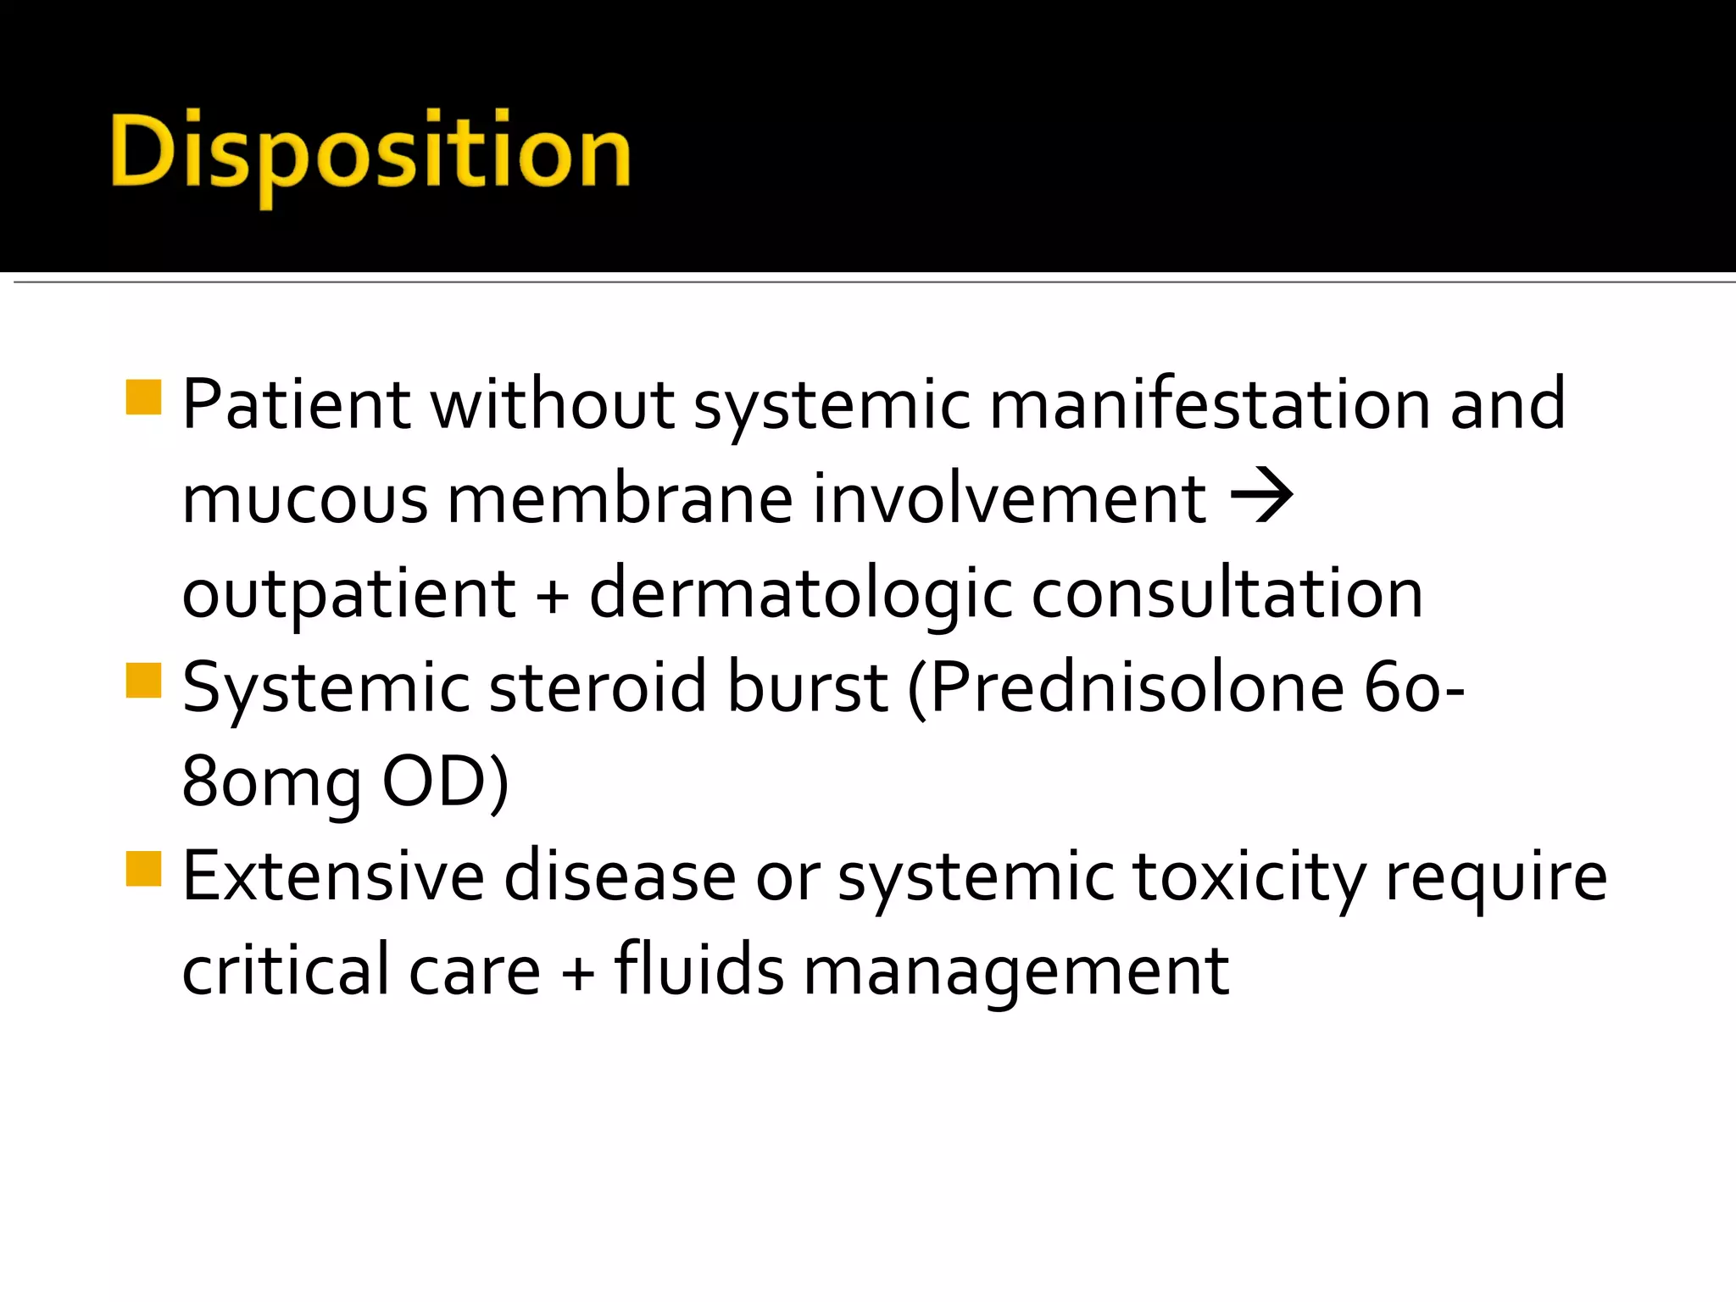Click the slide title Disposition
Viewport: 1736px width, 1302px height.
(x=370, y=153)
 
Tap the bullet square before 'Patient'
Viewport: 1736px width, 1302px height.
(x=143, y=397)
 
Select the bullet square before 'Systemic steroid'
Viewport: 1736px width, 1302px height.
(x=143, y=680)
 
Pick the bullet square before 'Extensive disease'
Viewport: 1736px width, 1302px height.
(x=143, y=869)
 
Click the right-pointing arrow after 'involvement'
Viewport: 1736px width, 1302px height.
(x=1261, y=496)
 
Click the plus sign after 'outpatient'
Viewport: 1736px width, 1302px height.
(x=552, y=595)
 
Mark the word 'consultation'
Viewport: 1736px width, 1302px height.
(x=1227, y=593)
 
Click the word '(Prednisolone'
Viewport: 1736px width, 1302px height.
(x=1126, y=688)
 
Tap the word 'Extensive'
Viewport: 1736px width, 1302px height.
(x=333, y=876)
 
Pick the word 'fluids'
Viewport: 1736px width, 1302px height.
(x=699, y=970)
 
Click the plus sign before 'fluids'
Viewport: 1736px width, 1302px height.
(x=578, y=971)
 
